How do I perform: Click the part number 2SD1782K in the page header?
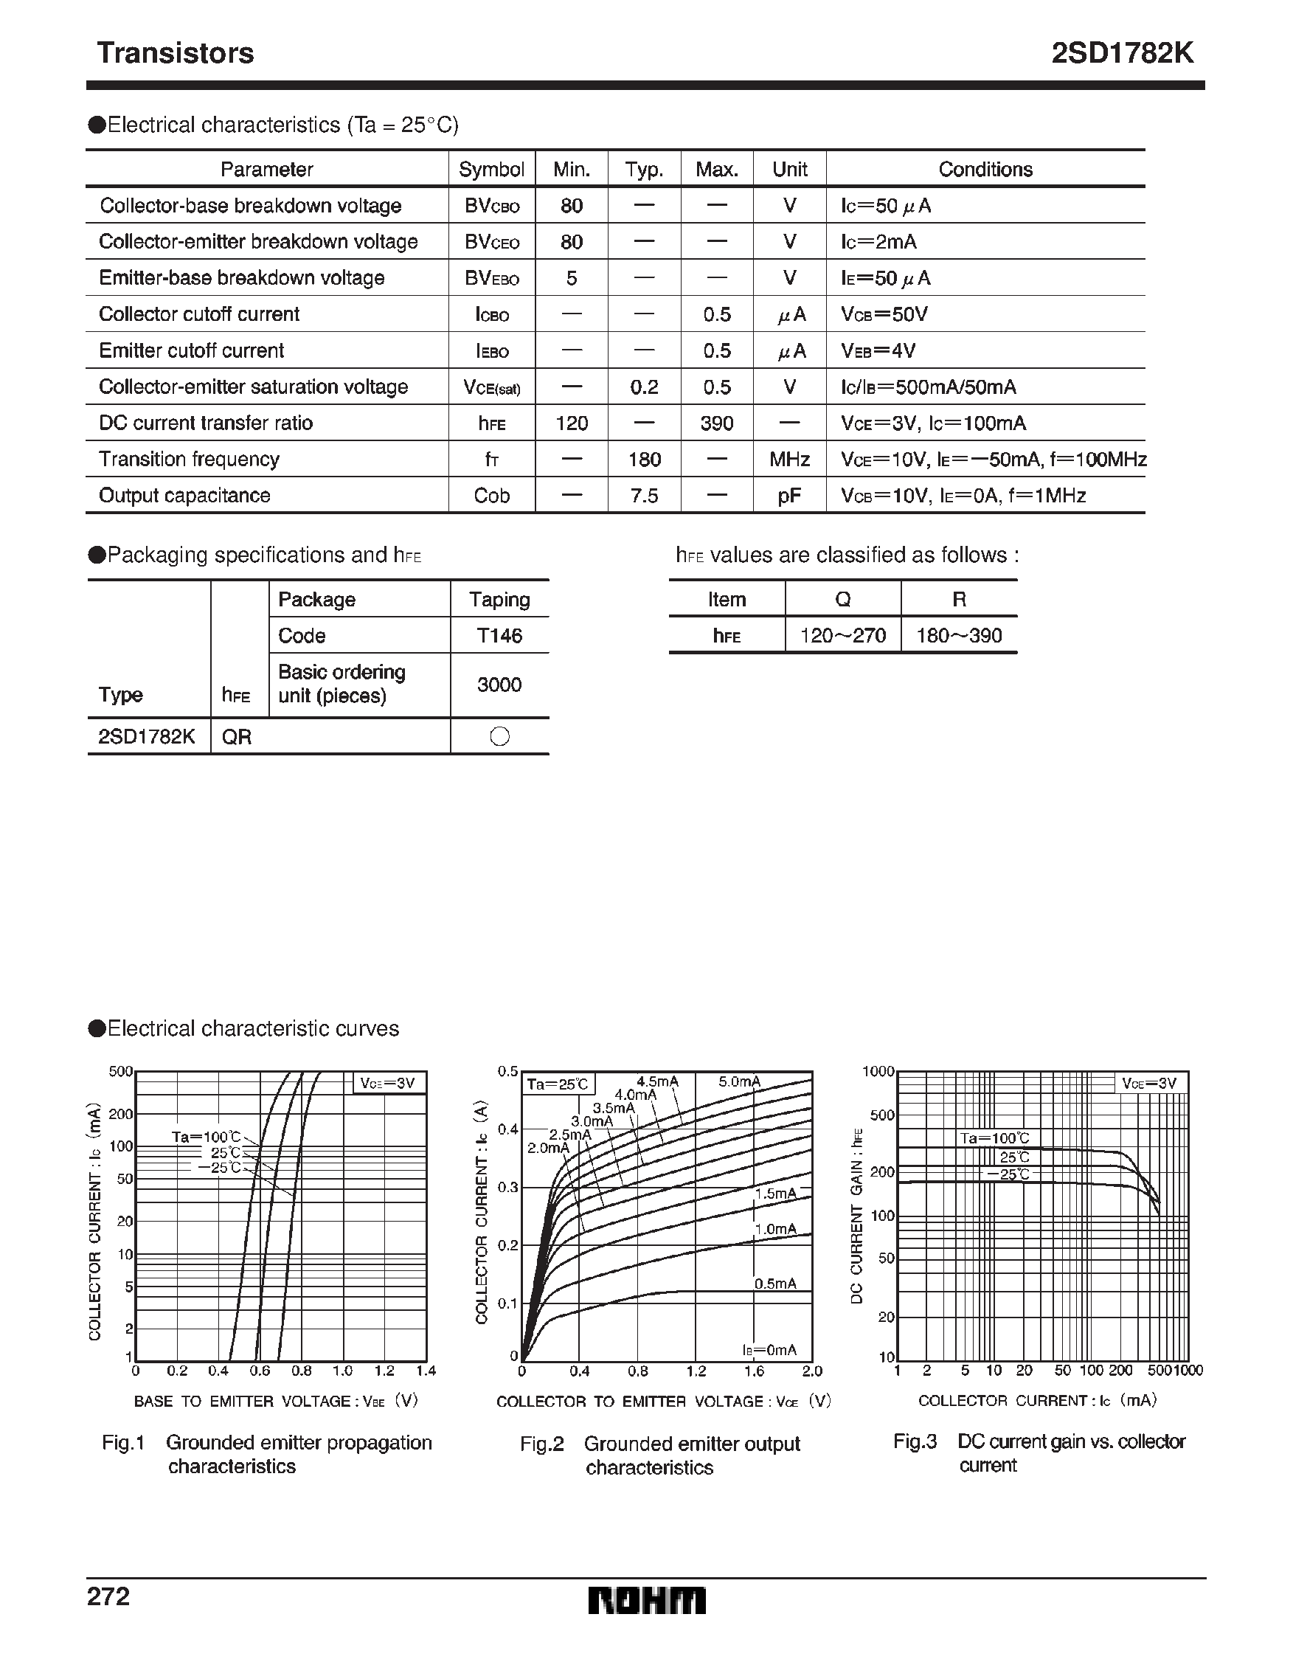(1122, 53)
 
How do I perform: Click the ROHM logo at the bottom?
(646, 1600)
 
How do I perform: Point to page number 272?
(109, 1596)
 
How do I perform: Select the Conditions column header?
(985, 169)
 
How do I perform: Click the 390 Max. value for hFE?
(716, 423)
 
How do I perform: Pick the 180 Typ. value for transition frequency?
(644, 460)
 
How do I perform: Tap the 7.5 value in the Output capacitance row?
(644, 496)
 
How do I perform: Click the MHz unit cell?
(789, 460)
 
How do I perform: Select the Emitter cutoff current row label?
(191, 350)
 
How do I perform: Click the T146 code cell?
(499, 635)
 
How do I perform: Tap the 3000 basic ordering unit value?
(499, 684)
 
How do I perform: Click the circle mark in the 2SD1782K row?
(499, 736)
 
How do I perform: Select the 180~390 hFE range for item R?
(958, 635)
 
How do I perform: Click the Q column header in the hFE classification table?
(842, 600)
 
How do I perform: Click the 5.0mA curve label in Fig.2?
(739, 1081)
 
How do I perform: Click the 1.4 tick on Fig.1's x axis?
(426, 1371)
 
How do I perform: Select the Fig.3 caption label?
(915, 1441)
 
